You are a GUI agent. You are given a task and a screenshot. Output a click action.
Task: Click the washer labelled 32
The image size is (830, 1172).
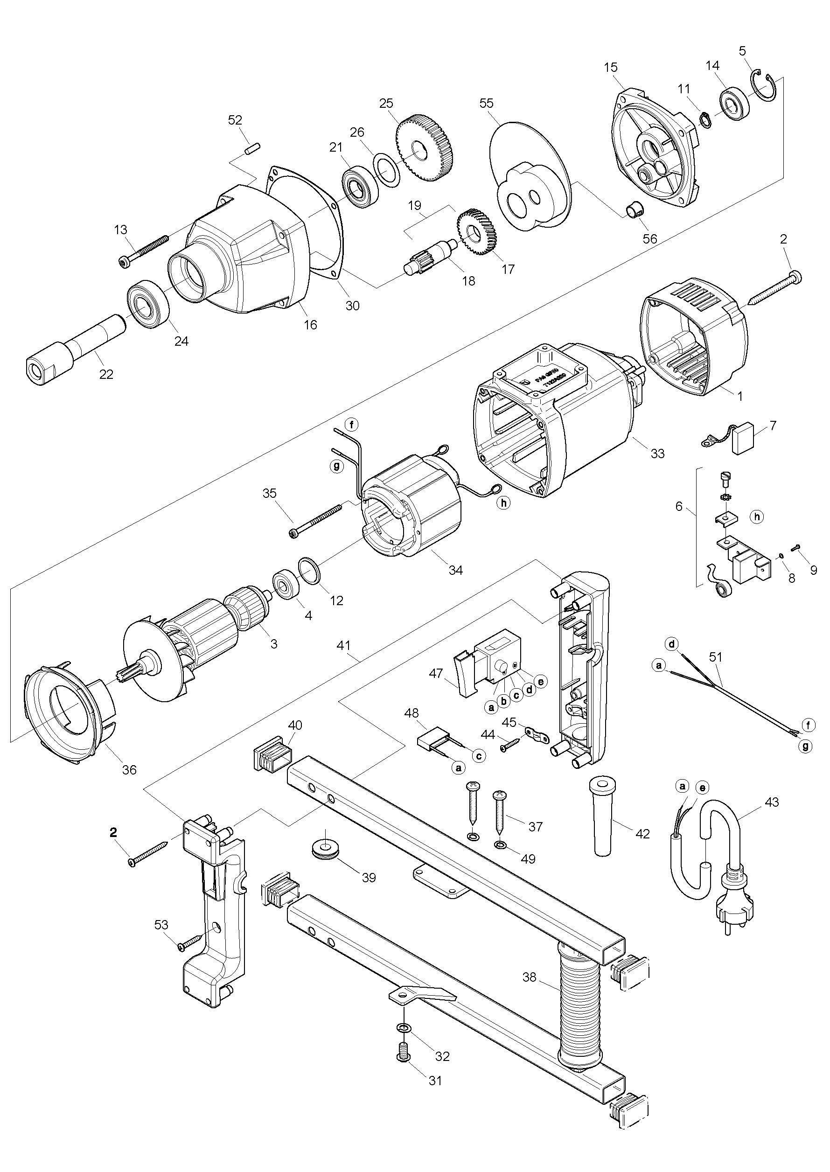click(x=404, y=1039)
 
